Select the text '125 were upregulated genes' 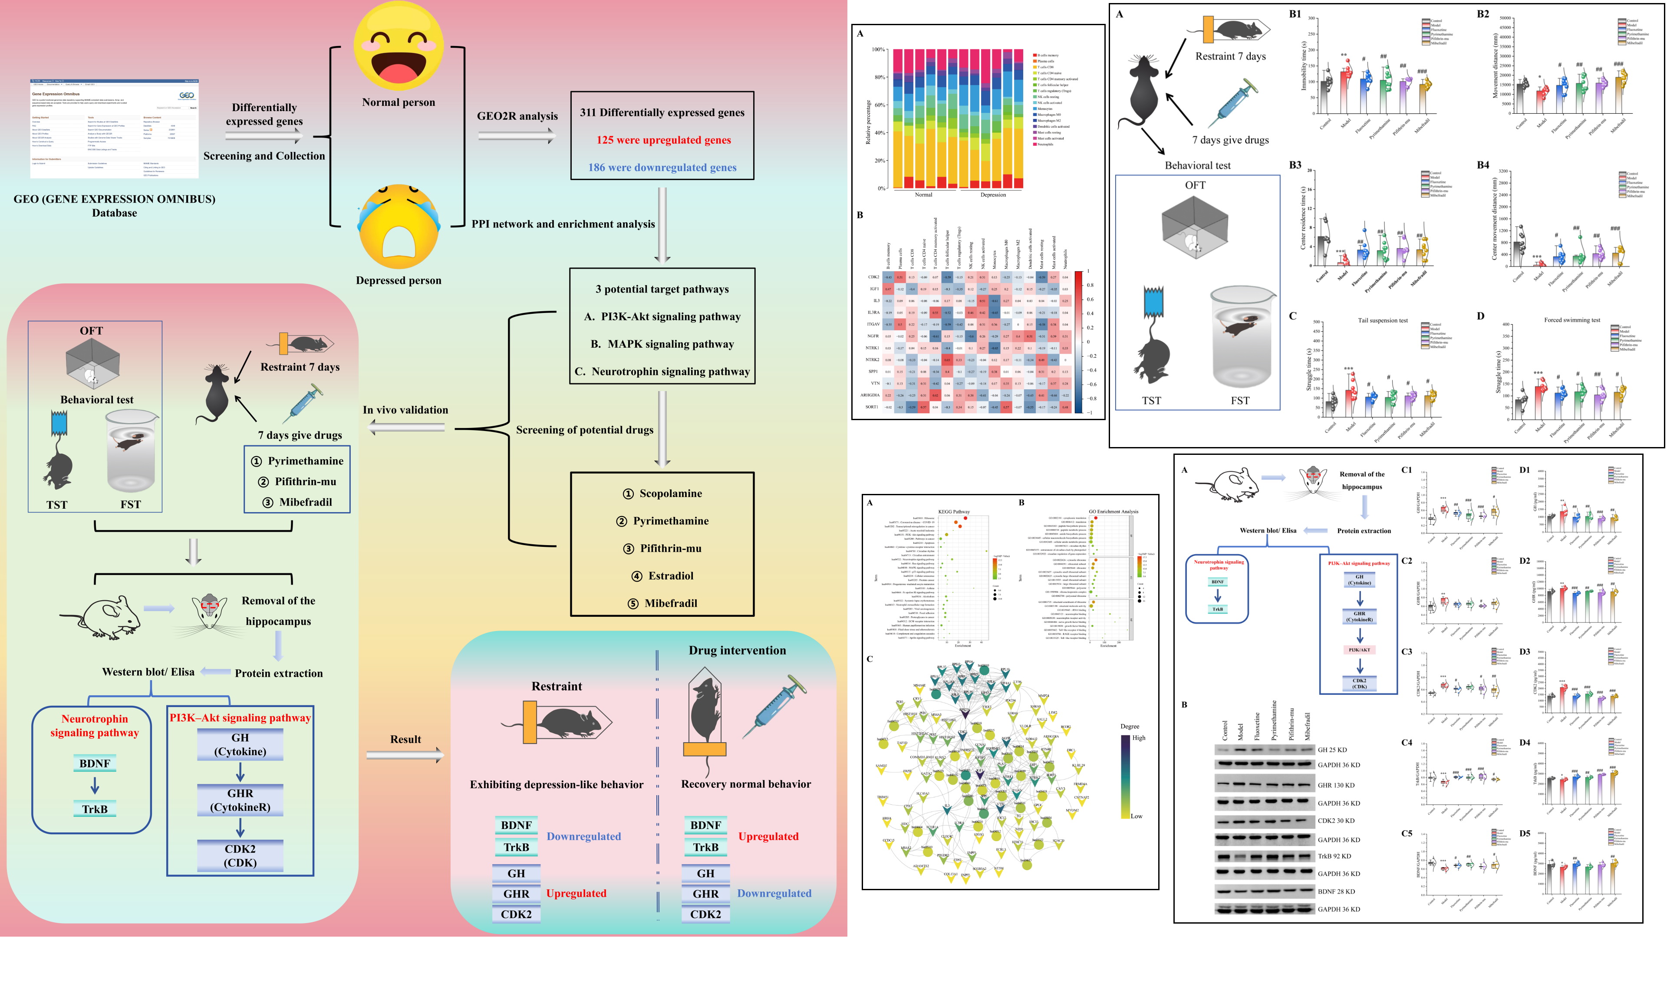(663, 140)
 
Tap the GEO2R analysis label (517, 116)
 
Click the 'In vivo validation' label (405, 410)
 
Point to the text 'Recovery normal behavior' (745, 784)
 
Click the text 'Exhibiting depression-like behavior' (556, 784)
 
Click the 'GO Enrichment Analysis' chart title (1113, 511)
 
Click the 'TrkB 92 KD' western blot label (1334, 856)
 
